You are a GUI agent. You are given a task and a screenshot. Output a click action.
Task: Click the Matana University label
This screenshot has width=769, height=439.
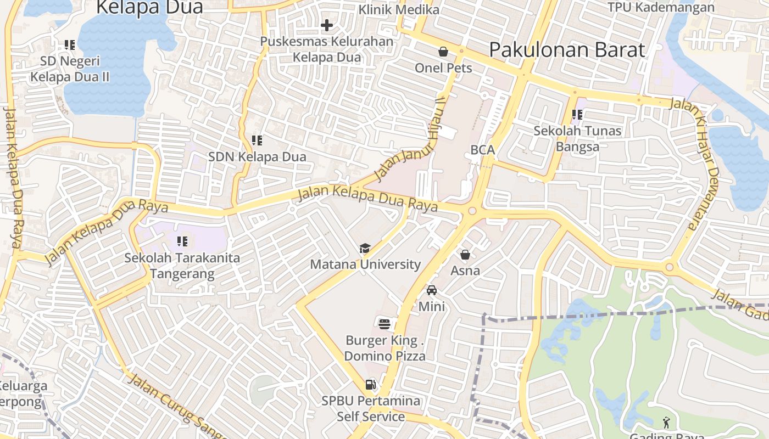[x=365, y=264]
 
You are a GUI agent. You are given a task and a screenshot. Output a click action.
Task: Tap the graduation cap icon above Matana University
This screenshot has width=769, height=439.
[x=365, y=249]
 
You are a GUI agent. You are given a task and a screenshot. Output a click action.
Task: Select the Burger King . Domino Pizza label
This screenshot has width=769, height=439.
[x=384, y=348]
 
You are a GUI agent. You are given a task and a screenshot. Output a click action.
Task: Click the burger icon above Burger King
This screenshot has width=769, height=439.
[x=384, y=324]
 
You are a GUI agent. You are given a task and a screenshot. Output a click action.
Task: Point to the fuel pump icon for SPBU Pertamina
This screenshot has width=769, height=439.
[x=371, y=385]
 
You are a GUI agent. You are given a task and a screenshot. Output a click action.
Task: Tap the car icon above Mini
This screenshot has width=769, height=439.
[x=432, y=290]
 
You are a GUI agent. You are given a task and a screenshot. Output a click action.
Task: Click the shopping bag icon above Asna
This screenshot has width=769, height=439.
[x=465, y=255]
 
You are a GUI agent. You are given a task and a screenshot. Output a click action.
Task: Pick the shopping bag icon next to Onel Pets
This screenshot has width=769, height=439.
[x=443, y=52]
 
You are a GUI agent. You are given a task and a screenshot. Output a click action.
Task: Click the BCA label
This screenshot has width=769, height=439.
[x=483, y=150]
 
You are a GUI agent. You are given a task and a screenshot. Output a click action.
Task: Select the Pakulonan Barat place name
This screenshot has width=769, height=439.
[x=567, y=50]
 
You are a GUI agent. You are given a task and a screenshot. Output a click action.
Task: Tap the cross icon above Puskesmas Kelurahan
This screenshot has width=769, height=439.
[x=327, y=25]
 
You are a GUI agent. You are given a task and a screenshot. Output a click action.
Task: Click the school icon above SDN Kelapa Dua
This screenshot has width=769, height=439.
[x=257, y=140]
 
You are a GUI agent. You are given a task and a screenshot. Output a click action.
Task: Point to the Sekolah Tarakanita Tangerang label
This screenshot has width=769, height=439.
[x=182, y=266]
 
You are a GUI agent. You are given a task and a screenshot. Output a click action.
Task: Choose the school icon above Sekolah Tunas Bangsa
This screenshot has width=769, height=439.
[x=577, y=115]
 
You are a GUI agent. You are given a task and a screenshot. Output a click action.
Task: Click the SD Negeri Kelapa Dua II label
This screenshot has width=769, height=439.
[x=70, y=69]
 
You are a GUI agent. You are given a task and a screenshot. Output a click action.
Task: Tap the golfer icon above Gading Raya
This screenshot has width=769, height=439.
[x=666, y=423]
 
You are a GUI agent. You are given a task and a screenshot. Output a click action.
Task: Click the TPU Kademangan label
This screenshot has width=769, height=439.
[x=661, y=8]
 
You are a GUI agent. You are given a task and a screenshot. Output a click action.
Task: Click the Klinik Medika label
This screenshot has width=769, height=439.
[x=399, y=10]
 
